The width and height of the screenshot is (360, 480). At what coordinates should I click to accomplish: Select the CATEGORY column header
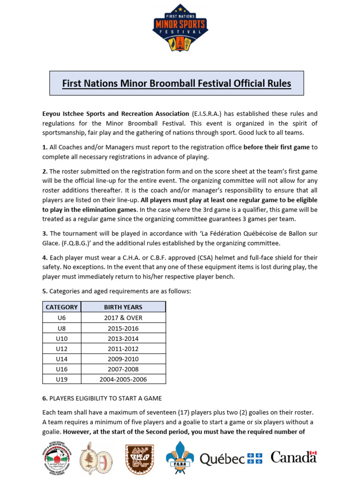coord(61,307)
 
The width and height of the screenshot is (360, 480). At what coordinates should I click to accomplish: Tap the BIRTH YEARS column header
coord(123,307)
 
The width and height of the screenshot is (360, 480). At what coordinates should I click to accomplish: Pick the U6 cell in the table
coord(61,318)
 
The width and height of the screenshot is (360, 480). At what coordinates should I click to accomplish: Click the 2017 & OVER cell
coord(123,318)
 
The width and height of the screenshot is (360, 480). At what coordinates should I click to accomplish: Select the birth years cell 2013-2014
coord(123,338)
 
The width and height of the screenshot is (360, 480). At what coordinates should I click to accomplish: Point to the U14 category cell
coord(61,359)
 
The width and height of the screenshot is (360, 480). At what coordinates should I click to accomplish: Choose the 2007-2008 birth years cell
coord(123,369)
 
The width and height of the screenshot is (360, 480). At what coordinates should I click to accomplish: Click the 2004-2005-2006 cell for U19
coord(123,379)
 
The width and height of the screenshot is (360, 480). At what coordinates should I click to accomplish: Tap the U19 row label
coord(61,379)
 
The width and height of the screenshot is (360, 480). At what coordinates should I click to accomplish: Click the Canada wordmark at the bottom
coord(294,457)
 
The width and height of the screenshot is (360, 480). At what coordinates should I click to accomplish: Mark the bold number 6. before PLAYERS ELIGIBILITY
coord(45,398)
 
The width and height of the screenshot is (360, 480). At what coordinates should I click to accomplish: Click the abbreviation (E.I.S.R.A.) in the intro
coord(206,114)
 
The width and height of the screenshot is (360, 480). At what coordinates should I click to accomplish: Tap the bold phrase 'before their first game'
coord(277,147)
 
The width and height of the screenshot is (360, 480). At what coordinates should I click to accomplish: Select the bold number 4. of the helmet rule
coord(45,258)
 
